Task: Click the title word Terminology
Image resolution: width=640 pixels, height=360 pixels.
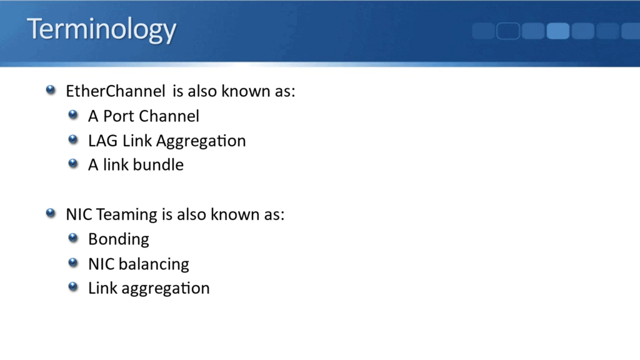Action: click(x=101, y=30)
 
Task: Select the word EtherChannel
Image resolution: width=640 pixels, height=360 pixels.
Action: click(x=116, y=91)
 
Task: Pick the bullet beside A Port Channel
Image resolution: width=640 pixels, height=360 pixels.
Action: click(x=74, y=116)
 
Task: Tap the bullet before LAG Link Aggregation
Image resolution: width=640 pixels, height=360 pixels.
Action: click(x=74, y=140)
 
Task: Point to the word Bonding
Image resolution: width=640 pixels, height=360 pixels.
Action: click(x=119, y=239)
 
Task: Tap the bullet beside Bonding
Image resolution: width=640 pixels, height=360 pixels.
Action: click(x=74, y=239)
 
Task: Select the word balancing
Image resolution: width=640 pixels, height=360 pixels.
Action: click(x=154, y=264)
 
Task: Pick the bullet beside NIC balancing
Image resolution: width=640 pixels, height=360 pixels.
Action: click(x=74, y=263)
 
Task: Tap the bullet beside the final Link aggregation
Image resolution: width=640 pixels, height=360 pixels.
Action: click(x=74, y=287)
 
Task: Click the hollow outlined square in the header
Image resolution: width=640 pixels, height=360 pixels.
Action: click(x=508, y=31)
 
